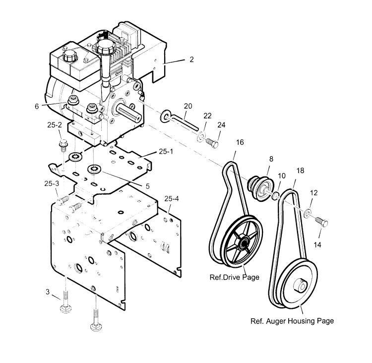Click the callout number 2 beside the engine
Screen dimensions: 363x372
coord(177,59)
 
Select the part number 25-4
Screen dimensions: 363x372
coord(172,198)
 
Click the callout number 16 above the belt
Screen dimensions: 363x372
coord(240,142)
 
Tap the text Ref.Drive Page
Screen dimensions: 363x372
coord(235,277)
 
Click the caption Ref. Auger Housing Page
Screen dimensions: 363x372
coord(291,321)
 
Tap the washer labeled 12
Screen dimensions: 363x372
coord(308,213)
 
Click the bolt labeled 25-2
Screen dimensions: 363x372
coord(63,145)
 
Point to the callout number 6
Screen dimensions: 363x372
coord(37,106)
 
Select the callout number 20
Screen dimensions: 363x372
coord(187,106)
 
